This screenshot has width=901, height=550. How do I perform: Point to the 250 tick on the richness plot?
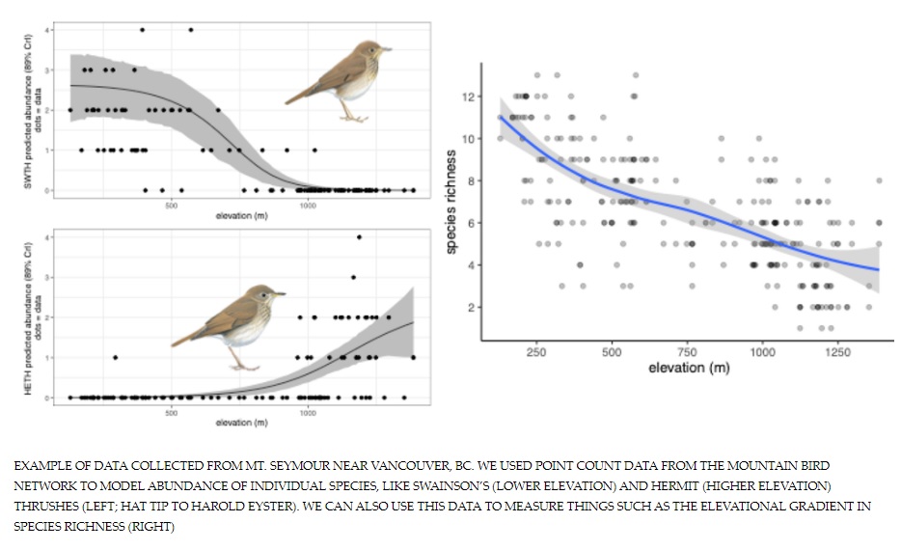pos(536,352)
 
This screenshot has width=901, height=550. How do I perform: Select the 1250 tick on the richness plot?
pos(837,352)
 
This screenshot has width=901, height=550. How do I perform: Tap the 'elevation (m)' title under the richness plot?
pos(688,368)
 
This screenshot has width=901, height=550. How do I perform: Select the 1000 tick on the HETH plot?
pos(308,413)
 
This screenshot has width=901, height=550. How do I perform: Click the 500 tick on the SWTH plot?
pos(171,205)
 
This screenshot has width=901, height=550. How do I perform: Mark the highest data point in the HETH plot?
pos(359,236)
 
